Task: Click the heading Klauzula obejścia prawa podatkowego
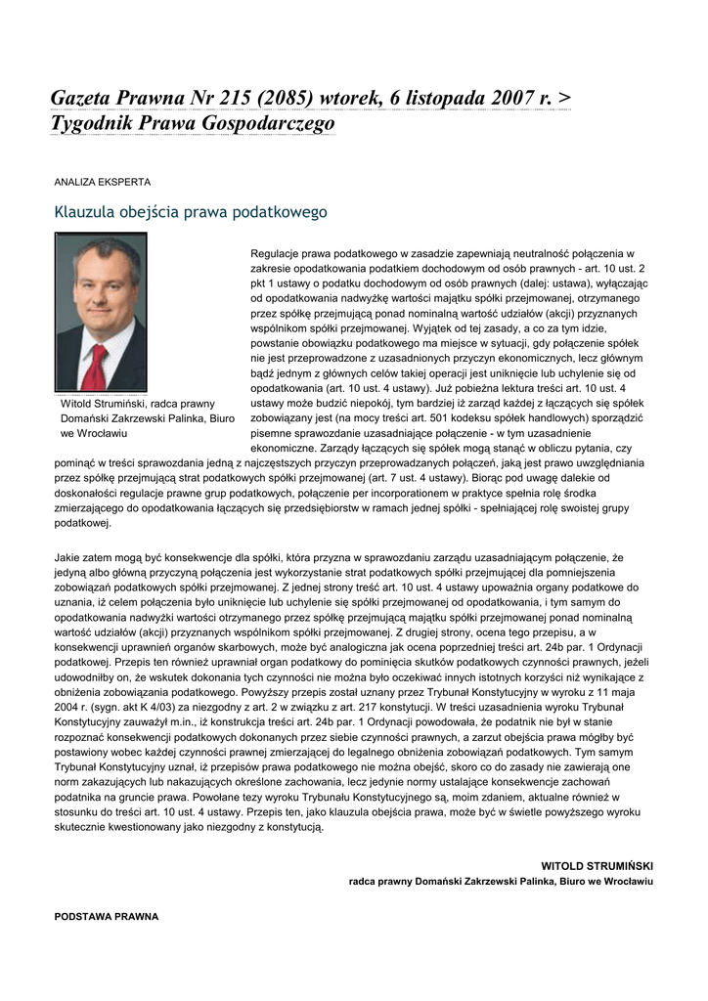tap(190, 211)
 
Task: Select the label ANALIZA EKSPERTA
tap(102, 182)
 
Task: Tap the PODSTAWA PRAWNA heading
tap(106, 916)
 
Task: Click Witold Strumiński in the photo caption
tap(105, 403)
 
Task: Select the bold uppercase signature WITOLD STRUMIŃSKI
tap(597, 866)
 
